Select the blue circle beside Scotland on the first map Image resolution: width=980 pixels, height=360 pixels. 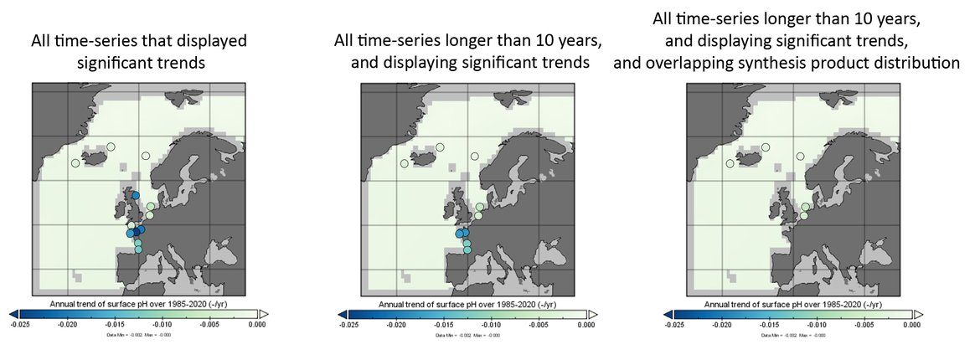pyautogui.click(x=136, y=195)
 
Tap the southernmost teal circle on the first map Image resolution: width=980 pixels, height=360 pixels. pyautogui.click(x=138, y=249)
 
